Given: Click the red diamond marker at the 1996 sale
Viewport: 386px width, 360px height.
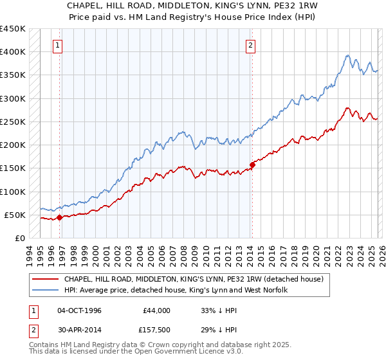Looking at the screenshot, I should coord(59,217).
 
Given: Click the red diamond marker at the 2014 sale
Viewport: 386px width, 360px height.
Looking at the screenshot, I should coord(252,165).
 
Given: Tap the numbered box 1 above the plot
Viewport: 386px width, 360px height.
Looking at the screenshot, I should coord(59,45).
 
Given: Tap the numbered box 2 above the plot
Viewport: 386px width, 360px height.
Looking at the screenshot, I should coord(250,45).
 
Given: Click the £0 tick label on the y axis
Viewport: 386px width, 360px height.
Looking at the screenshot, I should coord(19,238).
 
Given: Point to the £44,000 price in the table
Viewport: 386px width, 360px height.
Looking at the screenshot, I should coord(153,310).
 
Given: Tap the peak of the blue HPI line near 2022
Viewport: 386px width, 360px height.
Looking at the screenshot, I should coord(347,55).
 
